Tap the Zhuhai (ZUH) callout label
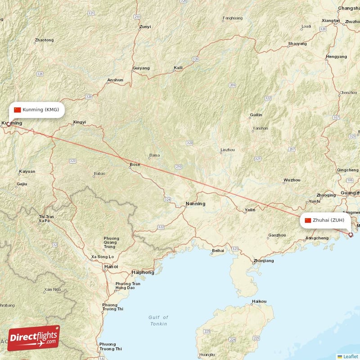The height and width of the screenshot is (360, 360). pyautogui.click(x=325, y=220)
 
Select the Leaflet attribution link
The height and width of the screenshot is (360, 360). pyautogui.click(x=350, y=356)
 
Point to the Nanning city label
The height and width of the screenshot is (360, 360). pyautogui.click(x=195, y=204)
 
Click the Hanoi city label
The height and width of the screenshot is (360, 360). pyautogui.click(x=111, y=266)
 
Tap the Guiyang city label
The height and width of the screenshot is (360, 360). pyautogui.click(x=141, y=68)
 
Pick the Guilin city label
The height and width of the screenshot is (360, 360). pyautogui.click(x=256, y=115)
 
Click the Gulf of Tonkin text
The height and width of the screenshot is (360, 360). pyautogui.click(x=158, y=320)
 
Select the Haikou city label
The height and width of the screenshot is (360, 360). pyautogui.click(x=259, y=301)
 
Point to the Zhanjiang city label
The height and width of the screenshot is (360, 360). pyautogui.click(x=263, y=261)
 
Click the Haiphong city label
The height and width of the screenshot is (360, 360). pyautogui.click(x=143, y=272)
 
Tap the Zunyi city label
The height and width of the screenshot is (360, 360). pyautogui.click(x=145, y=27)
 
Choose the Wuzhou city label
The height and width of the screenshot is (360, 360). pyautogui.click(x=292, y=180)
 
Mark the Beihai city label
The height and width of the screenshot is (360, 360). pyautogui.click(x=218, y=251)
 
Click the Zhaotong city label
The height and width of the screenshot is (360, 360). pyautogui.click(x=44, y=40)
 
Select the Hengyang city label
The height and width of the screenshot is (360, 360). pyautogui.click(x=337, y=57)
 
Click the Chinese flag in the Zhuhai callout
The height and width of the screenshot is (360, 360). pyautogui.click(x=308, y=220)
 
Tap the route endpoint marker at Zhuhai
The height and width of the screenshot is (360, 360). pyautogui.click(x=351, y=234)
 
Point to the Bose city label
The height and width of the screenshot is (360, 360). pyautogui.click(x=135, y=165)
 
